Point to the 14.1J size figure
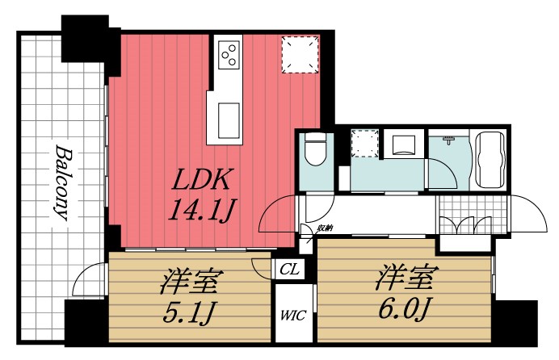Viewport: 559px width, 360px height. coord(201,212)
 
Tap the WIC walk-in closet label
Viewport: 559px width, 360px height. coord(293,316)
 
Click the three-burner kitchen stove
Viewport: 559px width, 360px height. coord(229,53)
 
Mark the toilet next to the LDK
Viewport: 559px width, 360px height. coord(314,149)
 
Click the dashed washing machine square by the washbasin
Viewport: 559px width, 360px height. coord(364,144)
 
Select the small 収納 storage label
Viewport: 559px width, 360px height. coord(325,228)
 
